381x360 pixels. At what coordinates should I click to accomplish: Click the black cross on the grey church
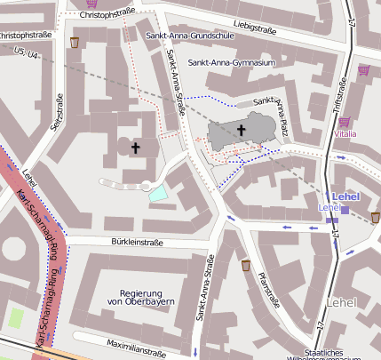pyautogui.click(x=240, y=131)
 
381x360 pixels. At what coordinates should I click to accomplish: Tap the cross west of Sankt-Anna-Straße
pyautogui.click(x=136, y=148)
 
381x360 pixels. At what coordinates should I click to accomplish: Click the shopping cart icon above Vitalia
pyautogui.click(x=344, y=122)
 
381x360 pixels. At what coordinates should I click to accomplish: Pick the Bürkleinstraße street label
pyautogui.click(x=138, y=241)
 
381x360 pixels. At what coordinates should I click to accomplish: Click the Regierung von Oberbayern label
pyautogui.click(x=139, y=298)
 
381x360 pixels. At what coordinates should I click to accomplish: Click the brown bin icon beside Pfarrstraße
pyautogui.click(x=245, y=265)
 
